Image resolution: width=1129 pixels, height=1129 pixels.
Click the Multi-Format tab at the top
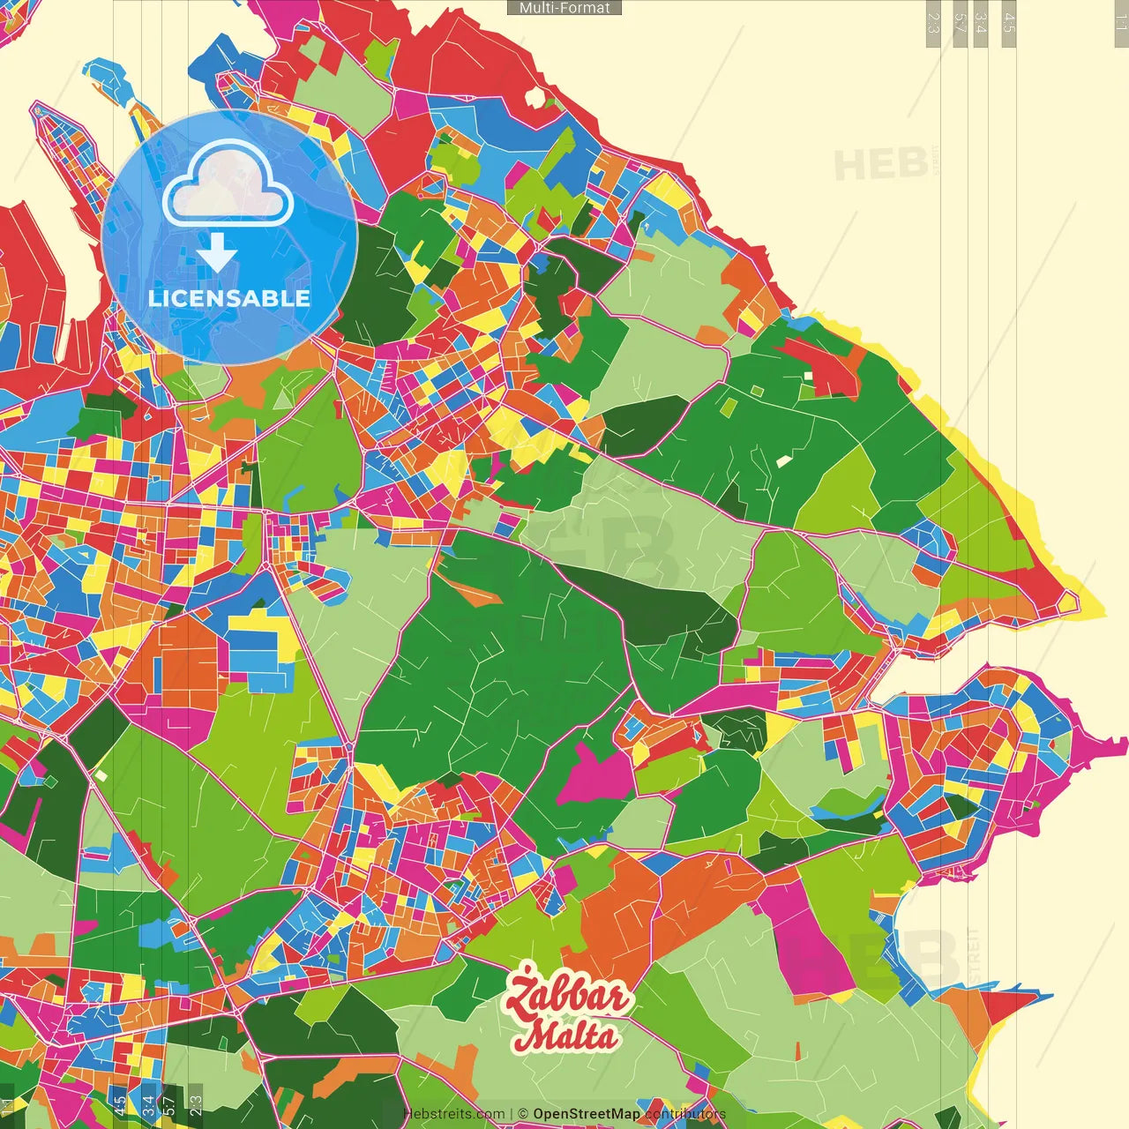(x=564, y=8)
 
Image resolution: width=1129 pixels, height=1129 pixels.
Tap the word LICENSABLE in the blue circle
(x=229, y=298)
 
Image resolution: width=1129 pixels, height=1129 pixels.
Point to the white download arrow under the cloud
(x=217, y=252)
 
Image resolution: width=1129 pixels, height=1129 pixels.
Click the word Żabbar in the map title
(x=567, y=996)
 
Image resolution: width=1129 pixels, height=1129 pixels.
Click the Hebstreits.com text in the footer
(x=453, y=1114)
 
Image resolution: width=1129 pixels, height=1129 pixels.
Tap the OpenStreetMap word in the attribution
(x=586, y=1114)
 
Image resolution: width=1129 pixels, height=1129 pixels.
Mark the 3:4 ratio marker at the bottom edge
(x=148, y=1105)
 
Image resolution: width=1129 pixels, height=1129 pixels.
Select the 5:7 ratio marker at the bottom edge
(x=169, y=1105)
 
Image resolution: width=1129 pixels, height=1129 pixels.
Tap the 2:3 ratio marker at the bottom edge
(x=196, y=1105)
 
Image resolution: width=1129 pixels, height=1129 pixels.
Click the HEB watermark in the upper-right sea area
(x=880, y=165)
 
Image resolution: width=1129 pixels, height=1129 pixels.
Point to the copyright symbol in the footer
(x=523, y=1114)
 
